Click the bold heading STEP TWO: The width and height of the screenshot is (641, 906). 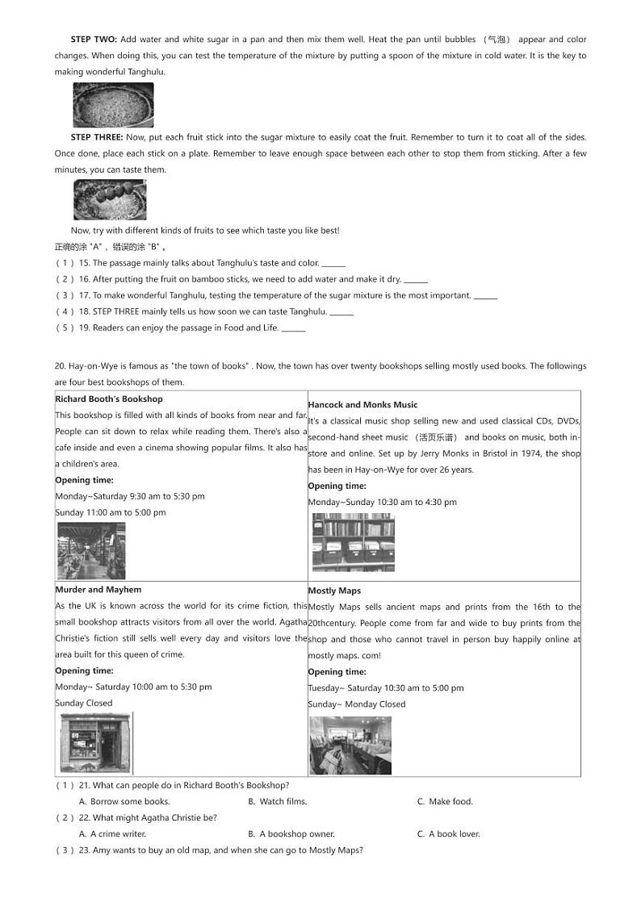pos(94,40)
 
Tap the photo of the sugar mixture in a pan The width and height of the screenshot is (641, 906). pos(113,105)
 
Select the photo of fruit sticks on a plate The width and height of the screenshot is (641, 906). pos(110,200)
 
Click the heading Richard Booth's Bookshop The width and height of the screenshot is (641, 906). pos(109,399)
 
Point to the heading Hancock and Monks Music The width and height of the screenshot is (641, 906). pos(362,404)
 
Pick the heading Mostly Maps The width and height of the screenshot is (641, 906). pos(334,591)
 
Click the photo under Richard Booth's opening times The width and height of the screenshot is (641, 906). pos(90,550)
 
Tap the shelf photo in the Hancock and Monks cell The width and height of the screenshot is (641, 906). pos(353,542)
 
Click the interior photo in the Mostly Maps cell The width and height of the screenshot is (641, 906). pos(350,745)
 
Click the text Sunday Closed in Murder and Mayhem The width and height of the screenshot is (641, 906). pos(84,703)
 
